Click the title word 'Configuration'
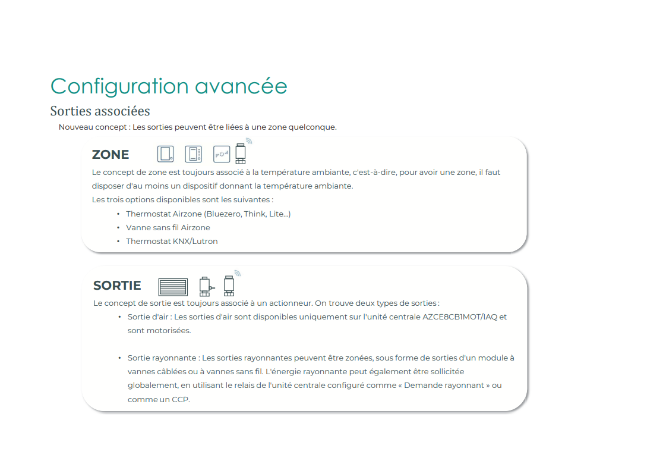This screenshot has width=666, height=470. [x=118, y=86]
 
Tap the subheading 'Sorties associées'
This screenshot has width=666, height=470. [x=100, y=111]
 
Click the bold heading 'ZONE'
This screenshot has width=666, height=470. [x=111, y=155]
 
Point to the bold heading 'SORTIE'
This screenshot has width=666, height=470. [x=117, y=286]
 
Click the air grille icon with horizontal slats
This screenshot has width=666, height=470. [x=173, y=287]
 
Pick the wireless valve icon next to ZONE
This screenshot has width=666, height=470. [x=241, y=153]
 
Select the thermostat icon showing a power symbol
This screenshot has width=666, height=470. [x=221, y=154]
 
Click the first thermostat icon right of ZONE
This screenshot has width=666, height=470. [x=165, y=154]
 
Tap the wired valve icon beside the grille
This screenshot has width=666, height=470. [x=205, y=286]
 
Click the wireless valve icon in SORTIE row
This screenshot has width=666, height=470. [x=229, y=285]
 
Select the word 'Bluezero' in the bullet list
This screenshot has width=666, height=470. [x=223, y=214]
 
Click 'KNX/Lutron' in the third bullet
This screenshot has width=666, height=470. [x=198, y=241]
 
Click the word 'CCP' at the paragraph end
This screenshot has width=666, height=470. [x=181, y=399]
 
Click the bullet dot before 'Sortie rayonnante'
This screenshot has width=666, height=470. [x=119, y=358]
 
